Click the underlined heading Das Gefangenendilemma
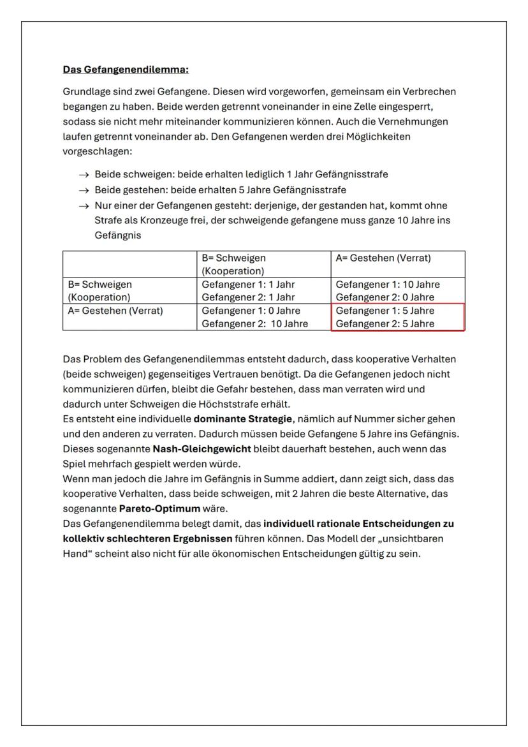(x=126, y=69)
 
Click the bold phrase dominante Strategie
(x=243, y=418)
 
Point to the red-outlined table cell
(x=398, y=317)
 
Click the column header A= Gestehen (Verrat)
(x=383, y=258)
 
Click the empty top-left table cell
(x=129, y=264)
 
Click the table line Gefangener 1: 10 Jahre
(x=388, y=285)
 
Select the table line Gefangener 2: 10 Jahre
(x=254, y=324)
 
